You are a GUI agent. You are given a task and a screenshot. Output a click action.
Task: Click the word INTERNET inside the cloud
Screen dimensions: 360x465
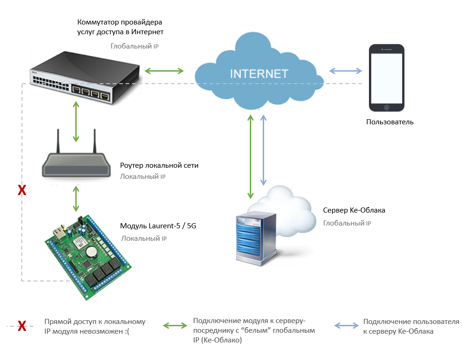coord(259,74)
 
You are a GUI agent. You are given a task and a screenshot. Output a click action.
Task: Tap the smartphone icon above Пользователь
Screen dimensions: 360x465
coord(387,77)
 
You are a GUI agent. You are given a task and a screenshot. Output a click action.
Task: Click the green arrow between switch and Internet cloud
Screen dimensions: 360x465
coord(164,71)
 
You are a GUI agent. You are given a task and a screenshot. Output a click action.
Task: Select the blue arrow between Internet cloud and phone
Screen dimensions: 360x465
coord(345,71)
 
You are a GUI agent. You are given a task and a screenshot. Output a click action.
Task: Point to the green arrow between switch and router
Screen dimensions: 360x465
coord(77,121)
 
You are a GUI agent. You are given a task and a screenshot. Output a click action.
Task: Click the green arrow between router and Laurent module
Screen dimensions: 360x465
coord(77,199)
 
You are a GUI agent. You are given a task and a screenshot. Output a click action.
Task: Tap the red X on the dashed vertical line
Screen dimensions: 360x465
coord(21,190)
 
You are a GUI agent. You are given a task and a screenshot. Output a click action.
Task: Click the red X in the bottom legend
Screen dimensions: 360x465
coord(21,326)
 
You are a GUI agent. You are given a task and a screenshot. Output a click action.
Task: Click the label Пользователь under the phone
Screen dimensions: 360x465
coord(390,122)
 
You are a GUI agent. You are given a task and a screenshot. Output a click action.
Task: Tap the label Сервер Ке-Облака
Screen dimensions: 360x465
coord(354,210)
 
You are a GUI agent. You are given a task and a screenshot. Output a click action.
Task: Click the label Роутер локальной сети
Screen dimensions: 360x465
coord(159,165)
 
